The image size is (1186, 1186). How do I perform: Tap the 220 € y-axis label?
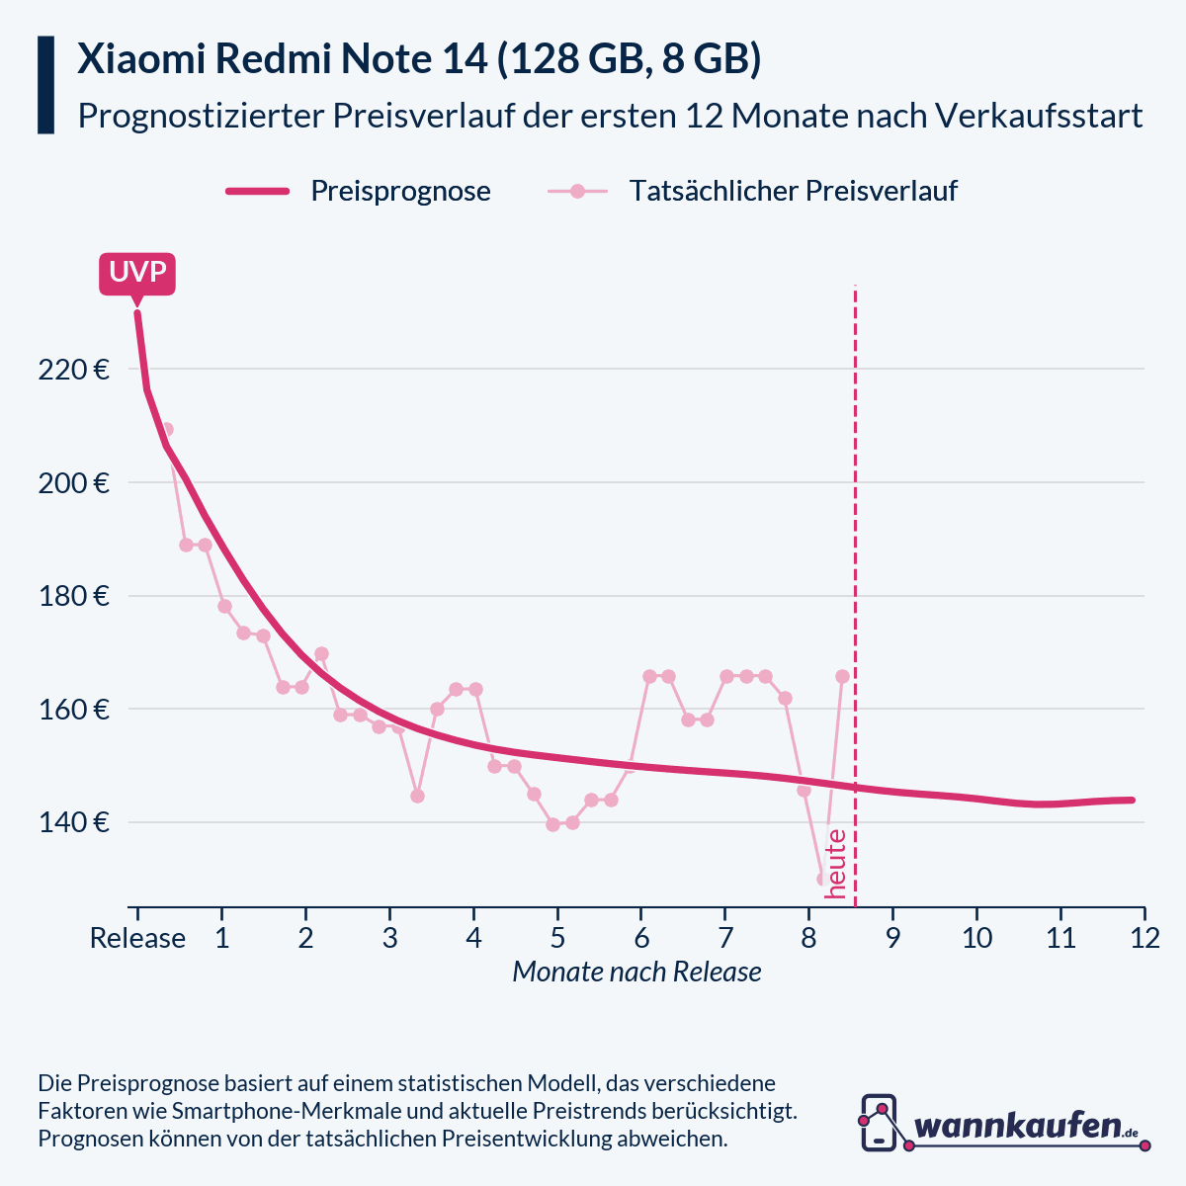[73, 371]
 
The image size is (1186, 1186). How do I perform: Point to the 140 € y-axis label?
[73, 823]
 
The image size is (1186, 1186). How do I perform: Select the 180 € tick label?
[73, 597]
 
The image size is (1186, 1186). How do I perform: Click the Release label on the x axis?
[137, 938]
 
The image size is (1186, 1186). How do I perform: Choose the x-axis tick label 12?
[1144, 938]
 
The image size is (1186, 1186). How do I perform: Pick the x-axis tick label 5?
[557, 938]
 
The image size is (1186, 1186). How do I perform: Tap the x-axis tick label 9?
[892, 938]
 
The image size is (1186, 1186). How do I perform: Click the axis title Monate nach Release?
[636, 973]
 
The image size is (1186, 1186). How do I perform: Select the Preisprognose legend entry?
[400, 191]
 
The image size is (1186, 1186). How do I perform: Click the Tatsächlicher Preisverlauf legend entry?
[793, 191]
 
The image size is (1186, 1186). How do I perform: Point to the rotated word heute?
[836, 864]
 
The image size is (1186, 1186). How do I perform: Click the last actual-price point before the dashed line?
[842, 677]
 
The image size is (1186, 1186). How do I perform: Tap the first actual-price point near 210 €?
[166, 429]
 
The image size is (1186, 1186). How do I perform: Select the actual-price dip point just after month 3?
[417, 796]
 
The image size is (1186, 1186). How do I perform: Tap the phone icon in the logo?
[879, 1122]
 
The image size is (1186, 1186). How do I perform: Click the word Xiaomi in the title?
[137, 59]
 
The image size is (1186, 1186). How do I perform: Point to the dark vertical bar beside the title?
[45, 85]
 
